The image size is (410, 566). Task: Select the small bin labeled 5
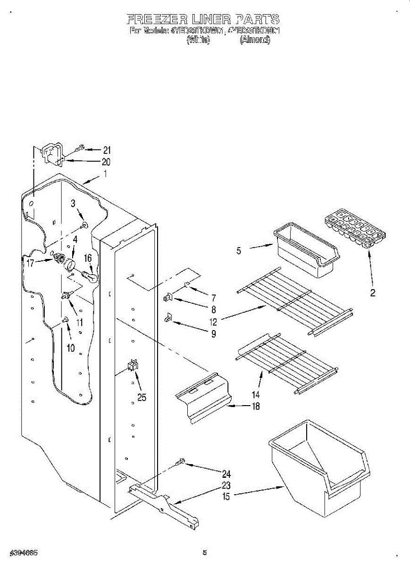click(x=306, y=250)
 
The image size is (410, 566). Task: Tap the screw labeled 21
click(x=79, y=149)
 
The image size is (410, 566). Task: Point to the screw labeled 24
click(x=179, y=463)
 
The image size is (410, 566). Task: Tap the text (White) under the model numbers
click(x=198, y=41)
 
